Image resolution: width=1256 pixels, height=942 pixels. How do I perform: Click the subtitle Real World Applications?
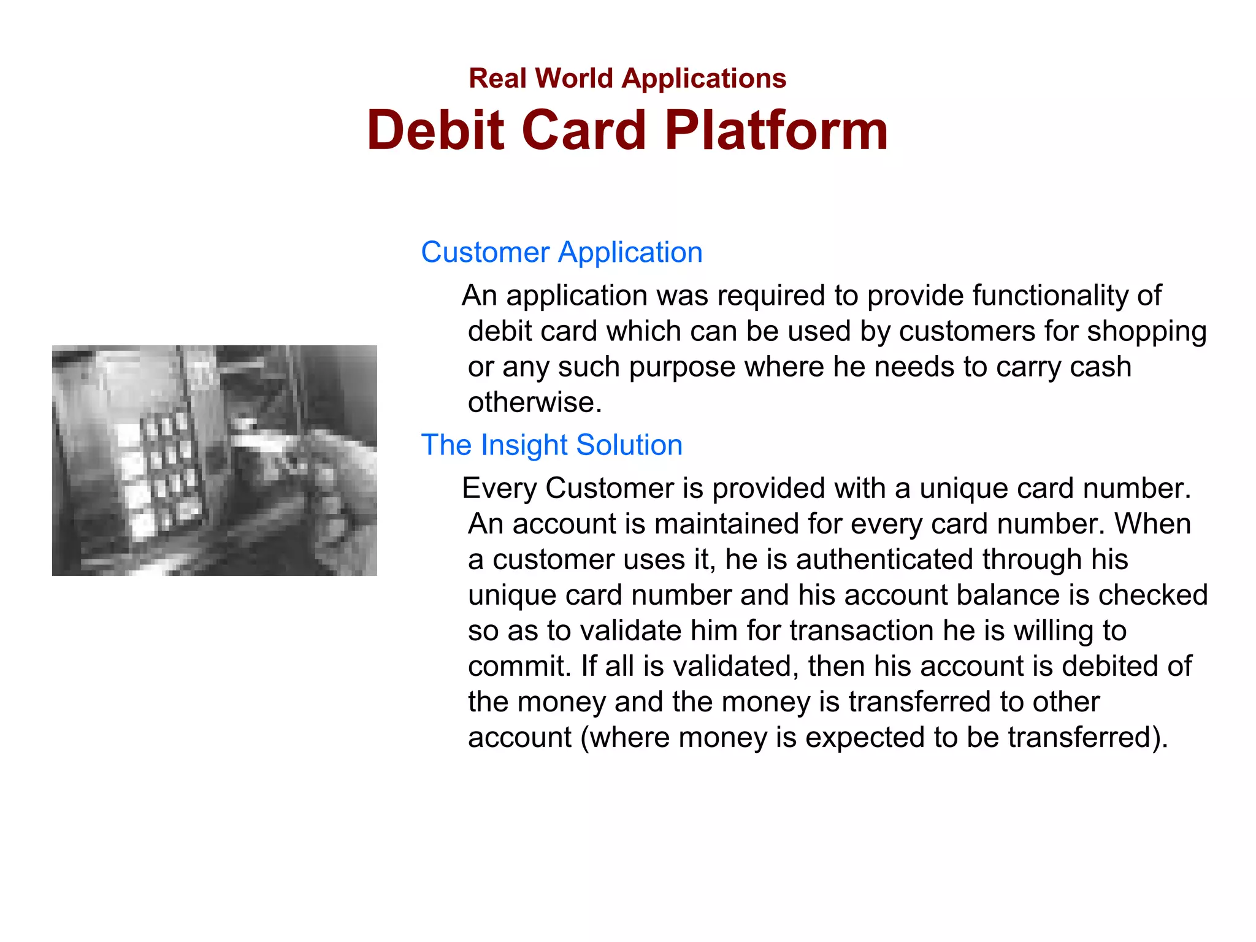point(627,78)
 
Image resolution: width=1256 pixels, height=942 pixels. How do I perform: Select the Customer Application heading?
point(562,252)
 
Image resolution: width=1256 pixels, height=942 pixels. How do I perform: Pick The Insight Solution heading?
point(551,445)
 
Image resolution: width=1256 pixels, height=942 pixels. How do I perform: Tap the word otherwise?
point(534,402)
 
